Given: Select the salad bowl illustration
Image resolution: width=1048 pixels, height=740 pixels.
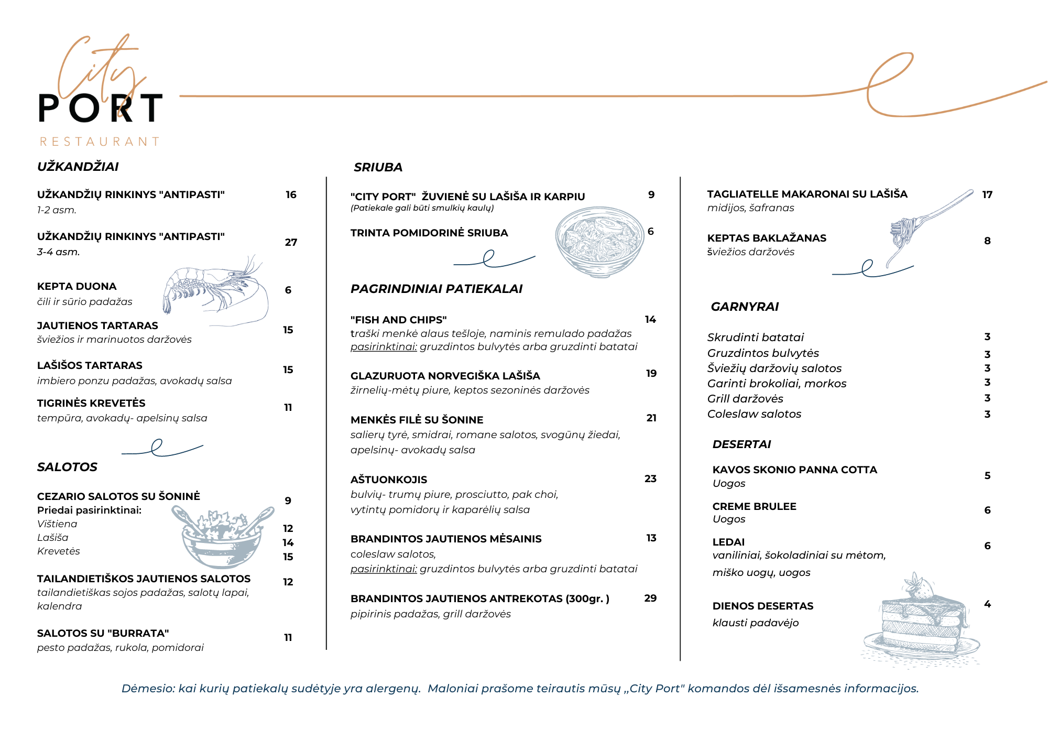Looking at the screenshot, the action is coord(223,537).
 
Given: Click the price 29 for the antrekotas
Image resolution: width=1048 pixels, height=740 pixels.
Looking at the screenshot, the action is coord(650,598).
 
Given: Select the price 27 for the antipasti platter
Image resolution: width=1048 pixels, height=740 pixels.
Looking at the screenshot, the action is coord(291,242).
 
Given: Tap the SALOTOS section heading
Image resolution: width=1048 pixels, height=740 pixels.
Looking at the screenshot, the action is coord(67,467).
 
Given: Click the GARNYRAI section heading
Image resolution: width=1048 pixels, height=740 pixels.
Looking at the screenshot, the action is coord(745,307).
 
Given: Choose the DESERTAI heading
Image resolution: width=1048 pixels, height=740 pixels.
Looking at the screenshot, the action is coord(741,444).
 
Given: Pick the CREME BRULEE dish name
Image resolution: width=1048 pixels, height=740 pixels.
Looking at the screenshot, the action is coord(754,506).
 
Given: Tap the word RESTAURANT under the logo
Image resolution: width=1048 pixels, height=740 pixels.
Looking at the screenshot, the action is coord(100,142).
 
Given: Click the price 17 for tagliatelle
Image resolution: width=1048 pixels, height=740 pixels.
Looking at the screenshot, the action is coord(987,194).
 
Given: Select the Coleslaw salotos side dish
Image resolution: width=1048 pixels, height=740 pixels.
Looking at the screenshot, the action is coord(754,414).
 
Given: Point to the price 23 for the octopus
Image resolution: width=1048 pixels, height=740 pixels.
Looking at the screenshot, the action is coord(650,478).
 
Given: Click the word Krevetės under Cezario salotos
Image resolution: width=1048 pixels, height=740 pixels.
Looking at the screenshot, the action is coord(59,551).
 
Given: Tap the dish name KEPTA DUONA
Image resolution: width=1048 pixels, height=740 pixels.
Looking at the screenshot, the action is coord(77,286).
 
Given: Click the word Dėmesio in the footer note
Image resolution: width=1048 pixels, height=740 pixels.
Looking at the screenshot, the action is coord(148,689).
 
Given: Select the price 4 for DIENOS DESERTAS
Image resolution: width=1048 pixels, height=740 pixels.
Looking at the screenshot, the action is coord(987,604).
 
